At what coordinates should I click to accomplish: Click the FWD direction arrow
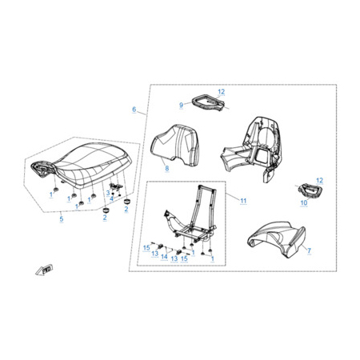coord(43,270)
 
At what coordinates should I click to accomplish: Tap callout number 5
coord(62,219)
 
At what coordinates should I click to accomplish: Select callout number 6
coord(134,110)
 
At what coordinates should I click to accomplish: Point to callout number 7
coord(309,250)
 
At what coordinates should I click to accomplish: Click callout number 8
coord(167,168)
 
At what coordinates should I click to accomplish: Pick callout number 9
coord(182,105)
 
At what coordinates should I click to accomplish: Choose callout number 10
coord(304,203)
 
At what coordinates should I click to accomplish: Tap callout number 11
coord(243,201)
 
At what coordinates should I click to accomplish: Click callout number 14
coord(164,257)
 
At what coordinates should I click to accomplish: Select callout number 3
coord(108,193)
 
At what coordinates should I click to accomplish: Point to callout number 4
coord(111,198)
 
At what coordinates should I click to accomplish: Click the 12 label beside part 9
coord(222,92)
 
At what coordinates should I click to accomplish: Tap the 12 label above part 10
coord(319,181)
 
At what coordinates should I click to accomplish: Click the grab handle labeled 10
coord(310,191)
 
